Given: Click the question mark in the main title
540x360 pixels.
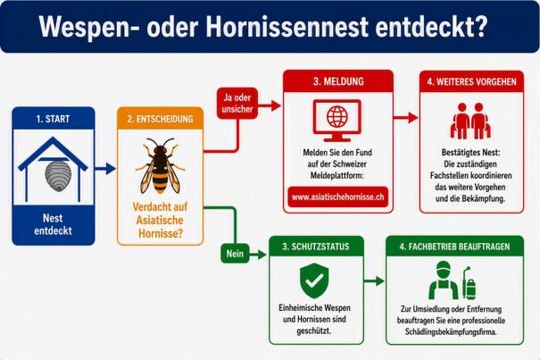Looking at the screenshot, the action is [x=479, y=26].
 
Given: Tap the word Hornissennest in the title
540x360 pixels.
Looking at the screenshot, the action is [x=287, y=27].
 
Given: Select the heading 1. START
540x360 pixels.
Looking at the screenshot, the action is [x=53, y=119].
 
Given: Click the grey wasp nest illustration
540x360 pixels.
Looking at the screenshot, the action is [x=58, y=175].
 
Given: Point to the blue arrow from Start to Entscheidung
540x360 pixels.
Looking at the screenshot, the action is [x=105, y=169].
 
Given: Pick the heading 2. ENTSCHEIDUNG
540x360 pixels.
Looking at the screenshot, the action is [x=160, y=119].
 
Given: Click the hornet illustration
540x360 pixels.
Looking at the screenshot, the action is [x=160, y=165].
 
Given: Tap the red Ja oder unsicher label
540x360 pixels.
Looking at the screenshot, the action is [x=237, y=103].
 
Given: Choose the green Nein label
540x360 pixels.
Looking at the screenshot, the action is [x=235, y=254].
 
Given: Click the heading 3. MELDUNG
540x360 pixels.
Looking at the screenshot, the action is [x=338, y=81].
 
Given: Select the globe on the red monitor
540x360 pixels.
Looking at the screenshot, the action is [x=337, y=116].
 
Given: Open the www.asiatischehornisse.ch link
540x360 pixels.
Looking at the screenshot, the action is [x=338, y=197].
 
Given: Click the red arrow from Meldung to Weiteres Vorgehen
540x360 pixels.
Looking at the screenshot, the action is [x=406, y=118].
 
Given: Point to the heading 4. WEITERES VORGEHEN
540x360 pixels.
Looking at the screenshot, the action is [x=472, y=81].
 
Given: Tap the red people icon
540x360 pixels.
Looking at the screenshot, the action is [x=470, y=121].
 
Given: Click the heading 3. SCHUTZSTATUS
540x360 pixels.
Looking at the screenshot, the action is [x=316, y=247].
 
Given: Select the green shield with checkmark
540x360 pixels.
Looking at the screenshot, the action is [x=314, y=280].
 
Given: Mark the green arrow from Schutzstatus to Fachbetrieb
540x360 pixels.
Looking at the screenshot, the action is [x=374, y=281].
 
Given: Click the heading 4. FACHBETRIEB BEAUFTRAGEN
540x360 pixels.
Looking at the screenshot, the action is [x=454, y=247].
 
